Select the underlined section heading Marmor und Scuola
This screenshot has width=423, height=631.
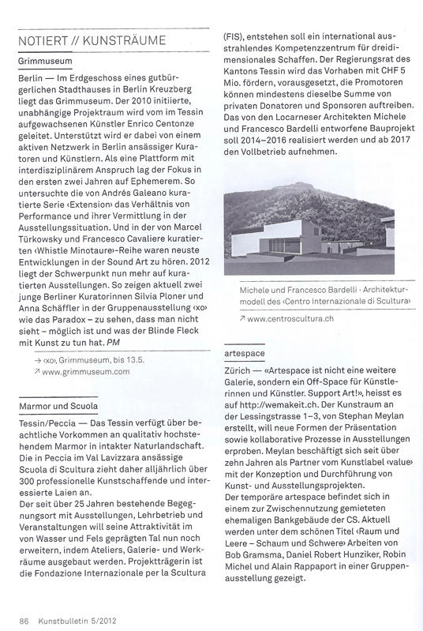(x=53, y=406)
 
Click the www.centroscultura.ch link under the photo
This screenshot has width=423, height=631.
(x=285, y=318)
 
